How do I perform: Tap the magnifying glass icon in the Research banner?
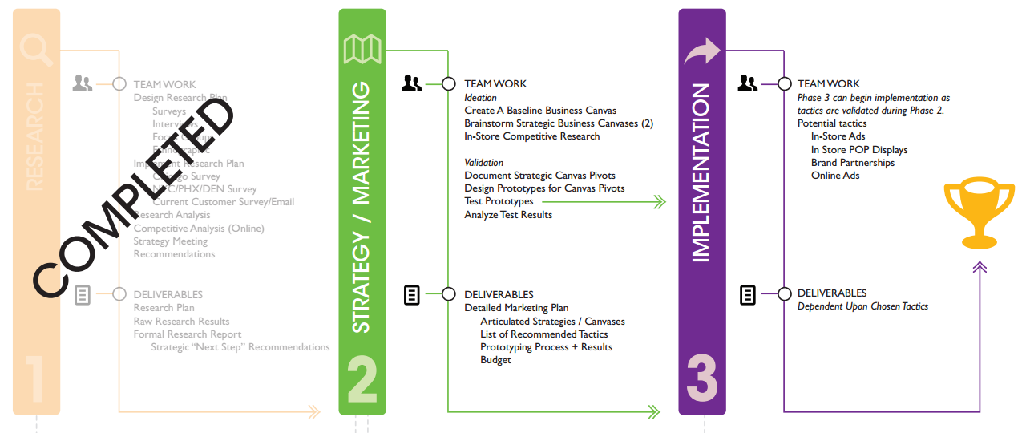[37, 51]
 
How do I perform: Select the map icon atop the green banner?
[362, 49]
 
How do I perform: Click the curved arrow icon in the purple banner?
[702, 53]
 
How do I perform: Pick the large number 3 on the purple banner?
[702, 378]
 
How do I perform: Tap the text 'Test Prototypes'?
[499, 201]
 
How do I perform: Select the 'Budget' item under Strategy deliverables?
[495, 360]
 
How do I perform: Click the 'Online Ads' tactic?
[834, 176]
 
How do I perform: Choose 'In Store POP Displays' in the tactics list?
[858, 150]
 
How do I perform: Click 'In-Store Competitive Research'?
[531, 136]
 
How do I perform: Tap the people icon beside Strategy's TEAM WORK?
[412, 83]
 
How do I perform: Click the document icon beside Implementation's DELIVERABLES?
[747, 295]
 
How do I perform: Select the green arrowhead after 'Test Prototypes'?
[660, 202]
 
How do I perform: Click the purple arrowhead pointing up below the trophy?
[979, 266]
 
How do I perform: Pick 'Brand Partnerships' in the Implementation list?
[852, 163]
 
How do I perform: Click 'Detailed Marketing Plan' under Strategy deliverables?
[516, 308]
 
